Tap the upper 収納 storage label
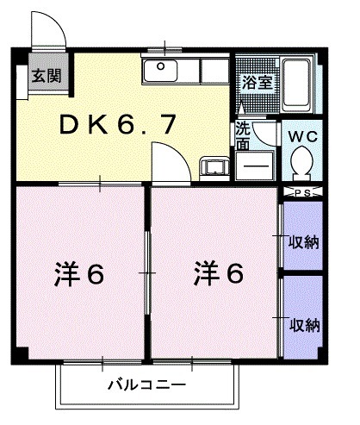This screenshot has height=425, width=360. click(x=304, y=241)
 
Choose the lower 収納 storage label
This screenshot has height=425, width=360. click(x=304, y=325)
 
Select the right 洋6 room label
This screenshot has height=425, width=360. click(x=217, y=276)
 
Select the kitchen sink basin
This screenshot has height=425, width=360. click(x=160, y=72)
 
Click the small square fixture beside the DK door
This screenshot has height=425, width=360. click(x=214, y=167)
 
